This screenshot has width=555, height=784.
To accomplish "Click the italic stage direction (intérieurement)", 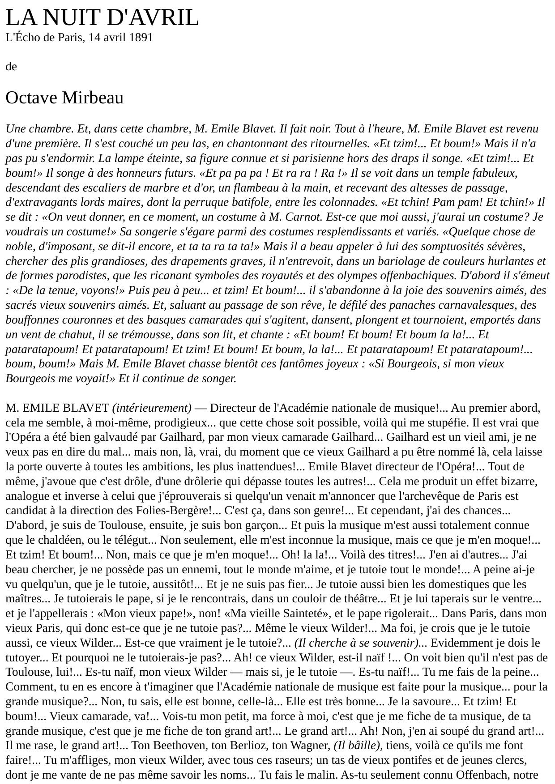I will [152, 408].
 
